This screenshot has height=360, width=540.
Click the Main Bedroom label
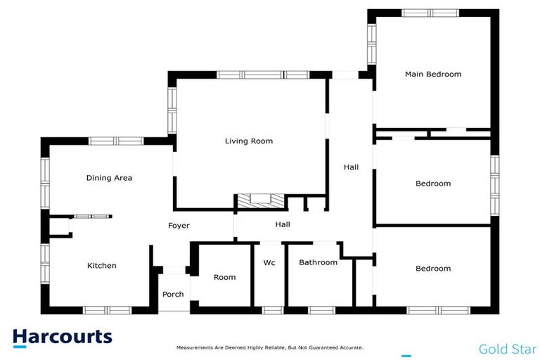click(x=432, y=75)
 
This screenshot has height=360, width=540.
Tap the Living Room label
click(x=248, y=141)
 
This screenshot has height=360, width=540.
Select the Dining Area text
click(x=109, y=179)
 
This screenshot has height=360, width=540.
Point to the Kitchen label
click(x=101, y=266)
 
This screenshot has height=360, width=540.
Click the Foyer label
click(x=178, y=226)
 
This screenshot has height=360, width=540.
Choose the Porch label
click(x=172, y=295)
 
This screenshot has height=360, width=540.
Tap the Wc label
click(x=269, y=263)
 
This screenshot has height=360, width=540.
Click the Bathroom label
click(x=318, y=263)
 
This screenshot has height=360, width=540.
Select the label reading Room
click(x=224, y=278)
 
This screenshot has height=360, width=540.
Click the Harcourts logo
click(x=62, y=337)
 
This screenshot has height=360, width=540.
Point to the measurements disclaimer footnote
click(x=269, y=347)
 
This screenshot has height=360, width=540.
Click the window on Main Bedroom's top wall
click(x=430, y=13)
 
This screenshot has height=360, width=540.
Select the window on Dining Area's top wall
click(x=116, y=141)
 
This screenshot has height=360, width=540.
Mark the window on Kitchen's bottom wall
click(x=107, y=310)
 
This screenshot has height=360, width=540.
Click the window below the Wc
click(x=272, y=310)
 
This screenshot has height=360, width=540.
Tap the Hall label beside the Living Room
click(x=351, y=167)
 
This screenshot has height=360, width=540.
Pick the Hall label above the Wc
click(x=283, y=225)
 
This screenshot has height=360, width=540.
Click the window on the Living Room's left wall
click(x=171, y=110)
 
